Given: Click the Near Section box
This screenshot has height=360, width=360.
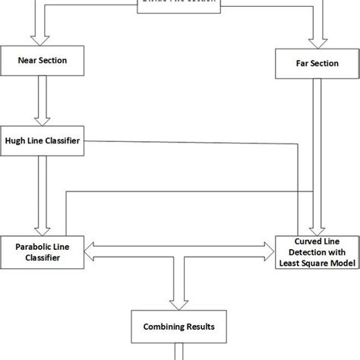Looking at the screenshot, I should click(x=41, y=61).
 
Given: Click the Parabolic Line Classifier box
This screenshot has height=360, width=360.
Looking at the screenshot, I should click(x=41, y=251).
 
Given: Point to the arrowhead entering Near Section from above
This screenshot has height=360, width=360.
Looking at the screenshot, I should click(x=35, y=39).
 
